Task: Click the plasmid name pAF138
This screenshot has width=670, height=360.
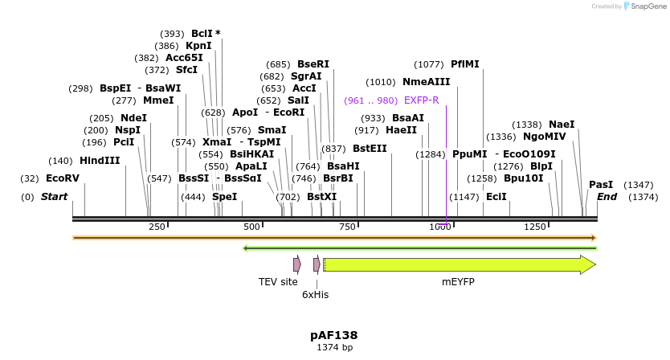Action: pyautogui.click(x=334, y=335)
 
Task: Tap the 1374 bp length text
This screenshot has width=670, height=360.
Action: pyautogui.click(x=334, y=348)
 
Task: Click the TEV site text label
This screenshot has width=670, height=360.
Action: pyautogui.click(x=278, y=282)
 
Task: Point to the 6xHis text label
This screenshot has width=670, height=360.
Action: pyautogui.click(x=316, y=295)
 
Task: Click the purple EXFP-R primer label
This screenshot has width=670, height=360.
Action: pyautogui.click(x=421, y=100)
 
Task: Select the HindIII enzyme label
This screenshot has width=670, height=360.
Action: pyautogui.click(x=100, y=161)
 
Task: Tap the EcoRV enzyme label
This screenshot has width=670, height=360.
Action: pyautogui.click(x=62, y=178)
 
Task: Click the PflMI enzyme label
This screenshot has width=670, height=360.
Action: pyautogui.click(x=464, y=64)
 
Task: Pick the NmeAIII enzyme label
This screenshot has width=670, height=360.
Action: pyautogui.click(x=427, y=82)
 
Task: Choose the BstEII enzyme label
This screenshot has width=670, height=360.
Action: pyautogui.click(x=370, y=149)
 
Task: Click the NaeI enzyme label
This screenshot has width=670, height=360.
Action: pyautogui.click(x=562, y=125)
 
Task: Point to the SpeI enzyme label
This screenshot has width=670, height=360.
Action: pyautogui.click(x=224, y=197)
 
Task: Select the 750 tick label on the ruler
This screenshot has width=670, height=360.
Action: pyautogui.click(x=346, y=227)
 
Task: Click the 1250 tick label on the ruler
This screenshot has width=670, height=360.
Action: pyautogui.click(x=535, y=227)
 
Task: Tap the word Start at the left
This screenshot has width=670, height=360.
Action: pyautogui.click(x=54, y=197)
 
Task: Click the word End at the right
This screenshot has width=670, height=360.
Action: pyautogui.click(x=607, y=197)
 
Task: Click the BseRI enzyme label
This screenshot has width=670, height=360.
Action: pyautogui.click(x=313, y=64)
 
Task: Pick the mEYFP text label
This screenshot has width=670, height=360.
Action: pyautogui.click(x=458, y=282)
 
